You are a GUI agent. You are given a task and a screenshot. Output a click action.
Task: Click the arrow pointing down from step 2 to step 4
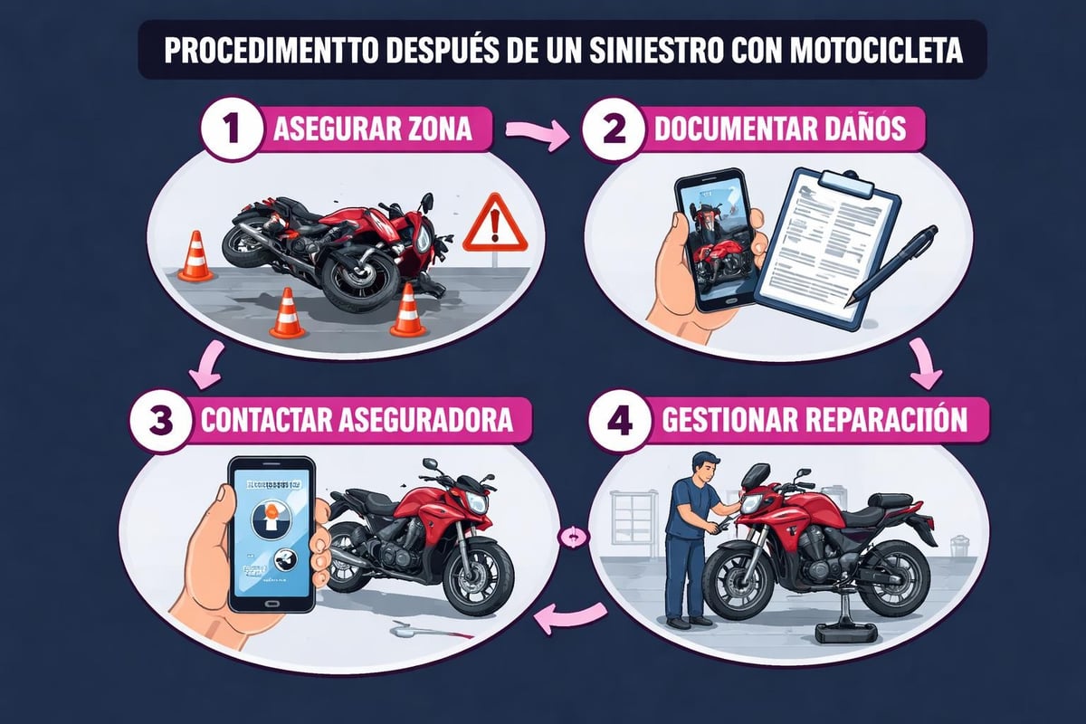point(926,364)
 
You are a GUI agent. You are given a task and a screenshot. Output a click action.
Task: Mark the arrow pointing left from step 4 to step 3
point(569,618)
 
